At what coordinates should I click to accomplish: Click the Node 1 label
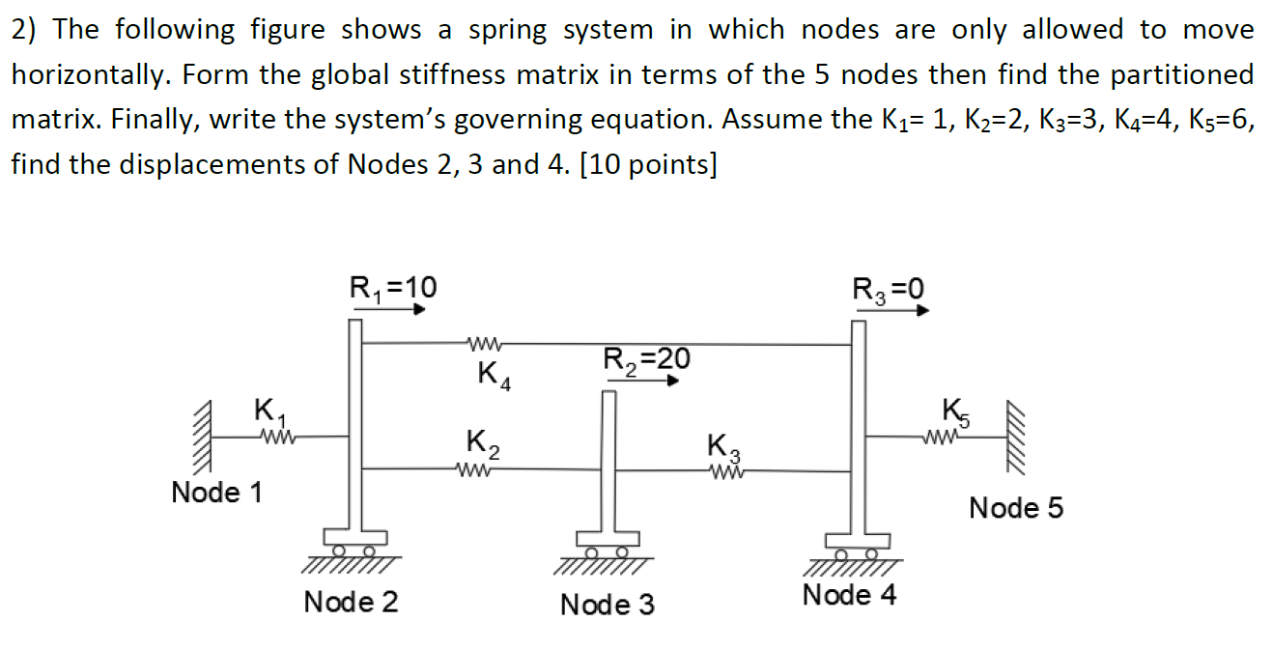coord(216,493)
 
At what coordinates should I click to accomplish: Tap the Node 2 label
coord(351,603)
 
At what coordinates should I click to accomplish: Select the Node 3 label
coord(608,606)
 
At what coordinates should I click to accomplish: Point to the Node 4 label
coord(849,595)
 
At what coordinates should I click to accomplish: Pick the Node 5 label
coord(1015,508)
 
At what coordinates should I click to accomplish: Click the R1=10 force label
coord(392,287)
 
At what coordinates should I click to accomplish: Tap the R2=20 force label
coord(647,359)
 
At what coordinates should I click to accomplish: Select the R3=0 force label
coord(889,288)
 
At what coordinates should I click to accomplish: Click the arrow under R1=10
coord(388,310)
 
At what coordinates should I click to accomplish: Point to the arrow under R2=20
coord(643,381)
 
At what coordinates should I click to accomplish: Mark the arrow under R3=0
coord(892,311)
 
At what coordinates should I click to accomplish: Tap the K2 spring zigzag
coord(480,470)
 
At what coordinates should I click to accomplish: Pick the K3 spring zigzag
coord(725,470)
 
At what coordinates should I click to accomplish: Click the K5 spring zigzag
coord(943,437)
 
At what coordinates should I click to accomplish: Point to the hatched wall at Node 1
coord(204,436)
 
